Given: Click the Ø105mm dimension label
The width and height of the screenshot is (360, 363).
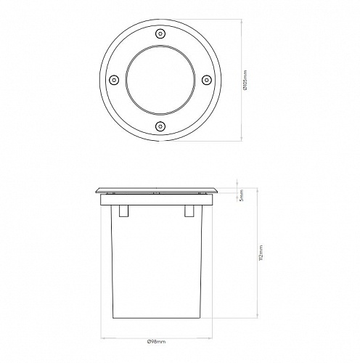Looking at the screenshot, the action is (x=245, y=80).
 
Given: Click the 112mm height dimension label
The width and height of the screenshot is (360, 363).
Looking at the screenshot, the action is (x=261, y=253).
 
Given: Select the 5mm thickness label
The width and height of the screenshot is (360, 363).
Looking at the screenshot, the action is (x=241, y=195).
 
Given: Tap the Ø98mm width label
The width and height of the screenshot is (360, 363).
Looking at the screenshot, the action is (x=156, y=341).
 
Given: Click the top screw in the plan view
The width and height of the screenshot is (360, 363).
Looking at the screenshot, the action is (x=160, y=33).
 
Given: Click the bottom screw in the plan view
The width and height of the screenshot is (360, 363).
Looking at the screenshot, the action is (x=160, y=126).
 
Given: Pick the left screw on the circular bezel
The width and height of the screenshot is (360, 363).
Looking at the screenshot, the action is (x=114, y=80).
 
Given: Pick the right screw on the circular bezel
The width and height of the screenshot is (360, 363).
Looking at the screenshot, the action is (x=207, y=80).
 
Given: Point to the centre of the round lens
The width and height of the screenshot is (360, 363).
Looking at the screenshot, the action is (x=160, y=80).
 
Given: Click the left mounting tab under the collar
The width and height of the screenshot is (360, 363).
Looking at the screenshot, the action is (x=123, y=211).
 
